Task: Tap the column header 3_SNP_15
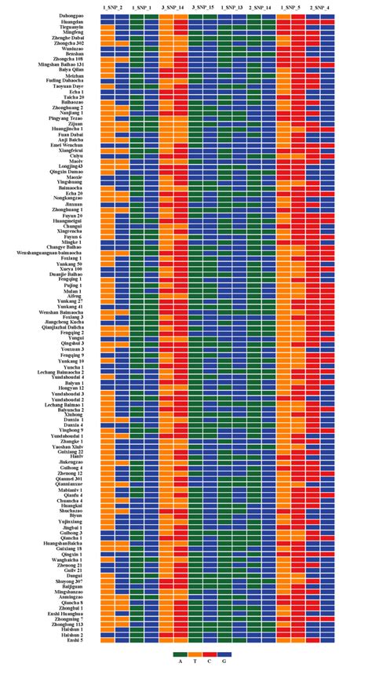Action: coord(202,7)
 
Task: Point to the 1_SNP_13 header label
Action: coord(232,7)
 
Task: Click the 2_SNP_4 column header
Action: coord(319,7)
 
